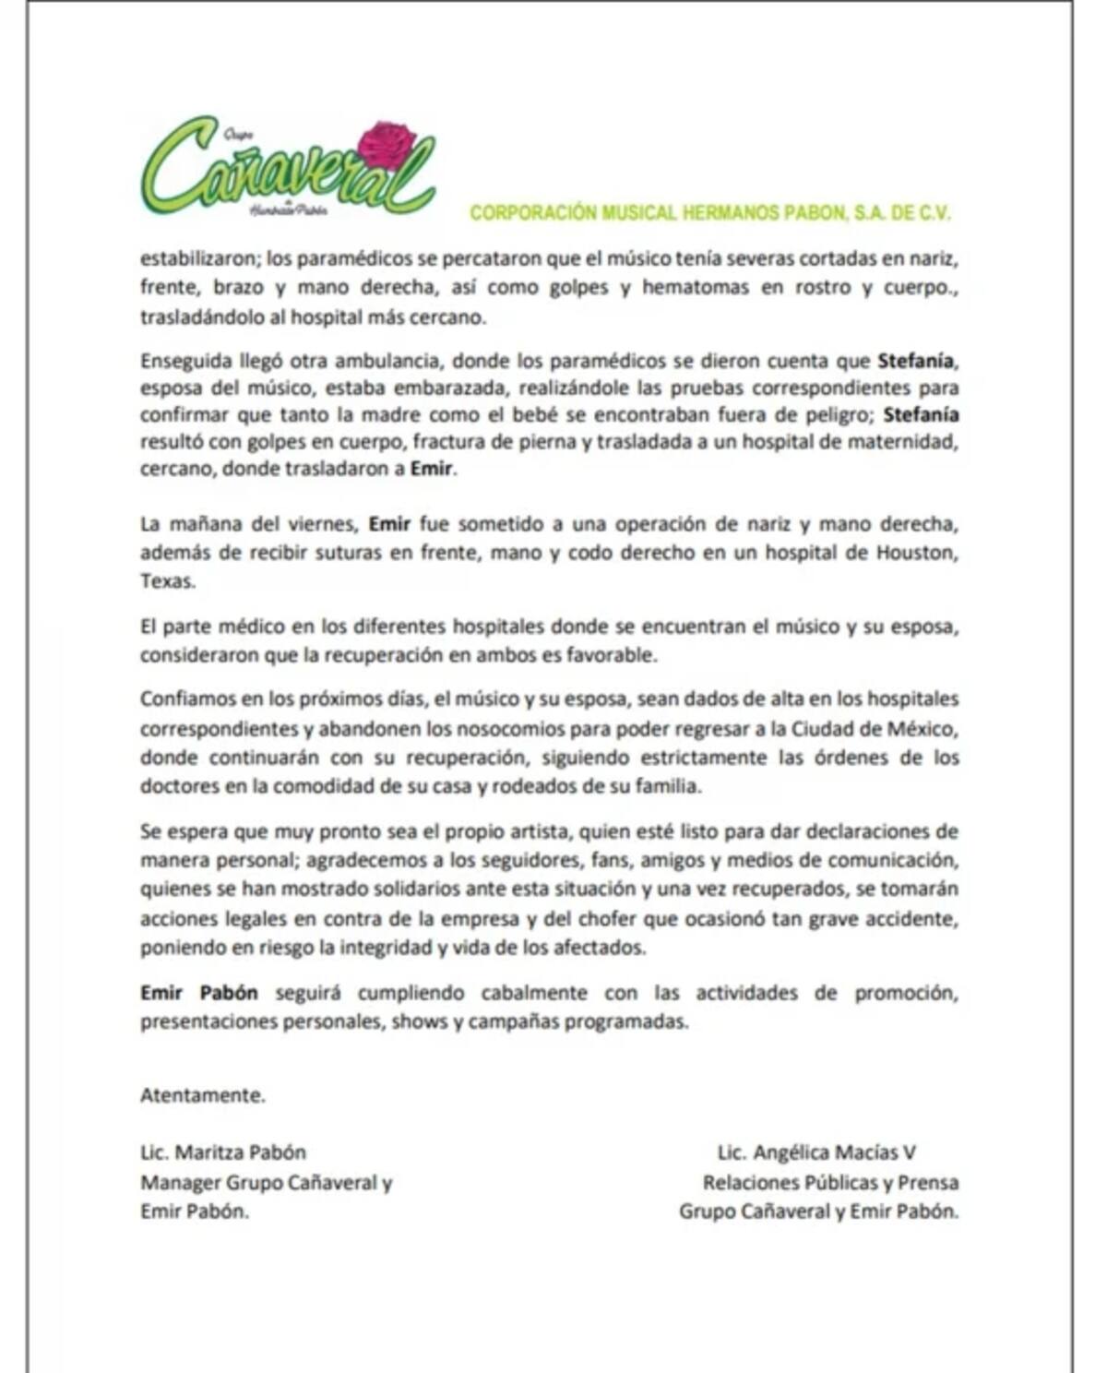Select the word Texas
click(x=167, y=582)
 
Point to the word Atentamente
click(x=202, y=1095)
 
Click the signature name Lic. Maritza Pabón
click(x=222, y=1152)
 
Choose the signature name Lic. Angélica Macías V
click(x=816, y=1152)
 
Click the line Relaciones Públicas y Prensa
click(x=830, y=1182)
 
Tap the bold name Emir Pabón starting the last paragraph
click(x=198, y=993)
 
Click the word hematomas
click(x=696, y=287)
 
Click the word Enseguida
click(x=185, y=360)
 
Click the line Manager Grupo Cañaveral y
click(x=266, y=1182)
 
